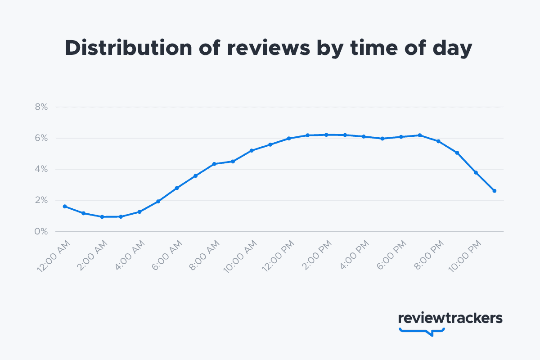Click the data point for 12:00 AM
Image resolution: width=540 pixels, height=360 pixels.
(65, 206)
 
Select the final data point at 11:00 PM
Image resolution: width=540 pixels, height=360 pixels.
(495, 191)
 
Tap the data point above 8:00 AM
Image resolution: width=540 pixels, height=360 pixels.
(214, 164)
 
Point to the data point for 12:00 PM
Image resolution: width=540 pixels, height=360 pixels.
(289, 138)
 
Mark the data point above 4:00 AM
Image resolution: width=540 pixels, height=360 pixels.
(139, 211)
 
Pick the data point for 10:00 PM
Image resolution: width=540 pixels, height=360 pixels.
(476, 172)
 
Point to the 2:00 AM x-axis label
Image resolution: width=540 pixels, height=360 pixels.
(92, 255)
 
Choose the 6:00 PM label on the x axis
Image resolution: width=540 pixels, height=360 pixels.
(391, 255)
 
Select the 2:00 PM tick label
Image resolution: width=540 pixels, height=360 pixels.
(316, 255)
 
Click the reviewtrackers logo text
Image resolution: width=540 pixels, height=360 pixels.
(450, 318)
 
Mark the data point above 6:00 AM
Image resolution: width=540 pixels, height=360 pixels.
(177, 188)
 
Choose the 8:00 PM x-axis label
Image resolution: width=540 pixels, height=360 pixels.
(428, 255)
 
